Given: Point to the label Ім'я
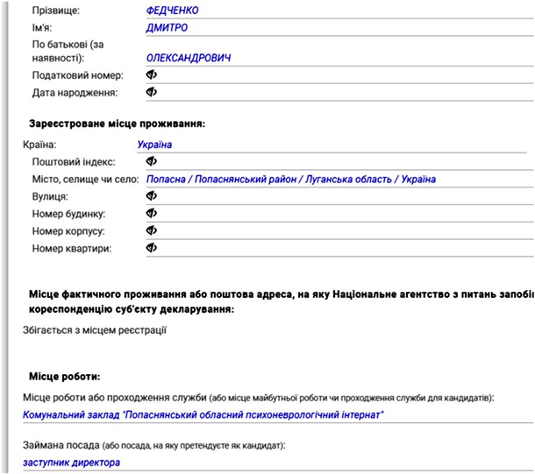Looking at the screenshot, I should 43,28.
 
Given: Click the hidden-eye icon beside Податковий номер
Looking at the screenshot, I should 151,75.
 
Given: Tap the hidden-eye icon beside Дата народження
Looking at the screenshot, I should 151,92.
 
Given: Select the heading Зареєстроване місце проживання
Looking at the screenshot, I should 117,124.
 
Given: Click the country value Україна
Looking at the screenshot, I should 154,145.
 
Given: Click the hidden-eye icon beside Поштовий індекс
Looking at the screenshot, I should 151,162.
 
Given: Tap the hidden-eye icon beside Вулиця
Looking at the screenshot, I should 151,196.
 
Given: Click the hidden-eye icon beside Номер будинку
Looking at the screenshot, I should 151,214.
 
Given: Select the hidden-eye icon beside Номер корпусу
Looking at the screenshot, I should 151,230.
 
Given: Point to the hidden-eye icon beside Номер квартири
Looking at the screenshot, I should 151,248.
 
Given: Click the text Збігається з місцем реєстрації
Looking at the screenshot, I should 94,330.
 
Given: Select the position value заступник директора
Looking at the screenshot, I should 71,462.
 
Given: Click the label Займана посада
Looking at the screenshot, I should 56,444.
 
